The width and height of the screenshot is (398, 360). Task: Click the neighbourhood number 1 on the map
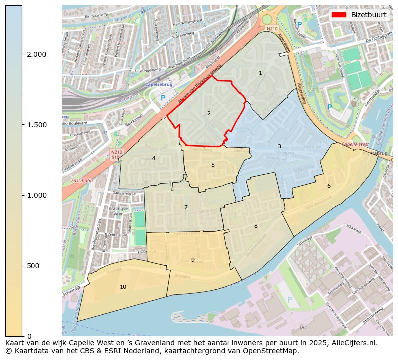tap(260, 73)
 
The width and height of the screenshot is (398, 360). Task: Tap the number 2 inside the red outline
tap(209, 113)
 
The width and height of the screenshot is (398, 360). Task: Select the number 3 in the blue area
tap(279, 146)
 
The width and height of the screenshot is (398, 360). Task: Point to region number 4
tap(154, 158)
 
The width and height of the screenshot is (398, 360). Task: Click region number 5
tap(213, 165)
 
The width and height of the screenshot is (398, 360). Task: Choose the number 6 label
tap(329, 186)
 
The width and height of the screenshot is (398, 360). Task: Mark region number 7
tap(186, 207)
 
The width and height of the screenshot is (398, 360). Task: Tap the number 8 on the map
tap(256, 226)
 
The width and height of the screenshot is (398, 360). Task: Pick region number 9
tap(193, 260)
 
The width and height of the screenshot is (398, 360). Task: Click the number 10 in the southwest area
tap(123, 287)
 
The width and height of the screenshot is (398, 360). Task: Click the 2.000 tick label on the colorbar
tap(36, 54)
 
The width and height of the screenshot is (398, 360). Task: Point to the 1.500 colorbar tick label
tap(36, 125)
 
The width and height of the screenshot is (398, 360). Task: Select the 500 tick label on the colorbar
tap(33, 266)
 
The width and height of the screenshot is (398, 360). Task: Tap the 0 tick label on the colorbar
tap(29, 336)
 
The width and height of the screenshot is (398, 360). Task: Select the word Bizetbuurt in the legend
tap(369, 15)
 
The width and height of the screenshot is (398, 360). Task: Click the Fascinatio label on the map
tap(82, 180)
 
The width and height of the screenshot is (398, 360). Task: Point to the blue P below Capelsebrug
tap(163, 98)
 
